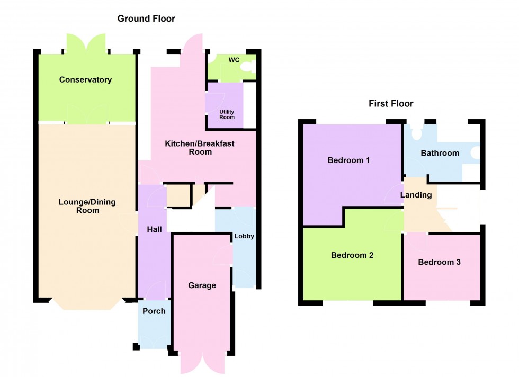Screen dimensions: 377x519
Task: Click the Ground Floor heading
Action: (x=146, y=19)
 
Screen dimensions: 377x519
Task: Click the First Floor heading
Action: (x=391, y=104)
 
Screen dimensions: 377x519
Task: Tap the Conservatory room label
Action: (x=85, y=80)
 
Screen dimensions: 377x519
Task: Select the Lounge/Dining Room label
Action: (x=87, y=206)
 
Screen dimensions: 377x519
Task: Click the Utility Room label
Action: (x=227, y=114)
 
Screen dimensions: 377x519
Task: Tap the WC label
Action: (x=234, y=60)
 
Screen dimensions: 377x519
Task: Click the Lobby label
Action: (x=244, y=236)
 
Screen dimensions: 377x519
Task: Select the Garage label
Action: (x=202, y=285)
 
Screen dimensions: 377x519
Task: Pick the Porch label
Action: (x=154, y=311)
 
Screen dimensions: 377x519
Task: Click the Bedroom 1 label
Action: (x=348, y=160)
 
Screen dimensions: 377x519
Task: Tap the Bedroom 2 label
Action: (x=352, y=255)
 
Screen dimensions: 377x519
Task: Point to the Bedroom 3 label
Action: (x=439, y=262)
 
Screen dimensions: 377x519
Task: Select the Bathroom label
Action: (x=440, y=153)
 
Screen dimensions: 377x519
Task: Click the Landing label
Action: (x=416, y=195)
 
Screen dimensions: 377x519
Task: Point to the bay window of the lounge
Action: (x=86, y=306)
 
